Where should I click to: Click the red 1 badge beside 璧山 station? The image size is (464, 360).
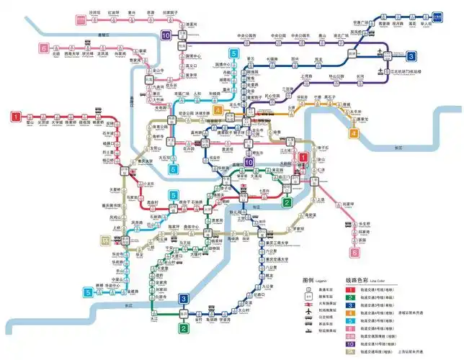tap(14, 115)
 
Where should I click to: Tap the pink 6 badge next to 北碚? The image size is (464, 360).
tap(44, 48)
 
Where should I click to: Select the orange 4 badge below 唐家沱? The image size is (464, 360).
tap(354, 132)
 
